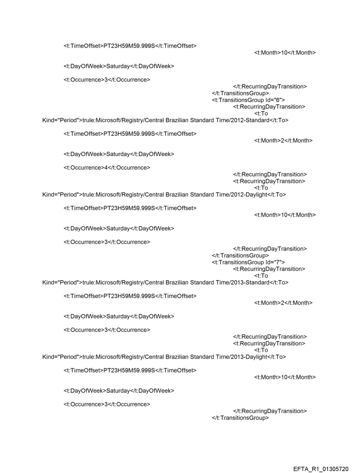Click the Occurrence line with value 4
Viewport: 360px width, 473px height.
[106, 168]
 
